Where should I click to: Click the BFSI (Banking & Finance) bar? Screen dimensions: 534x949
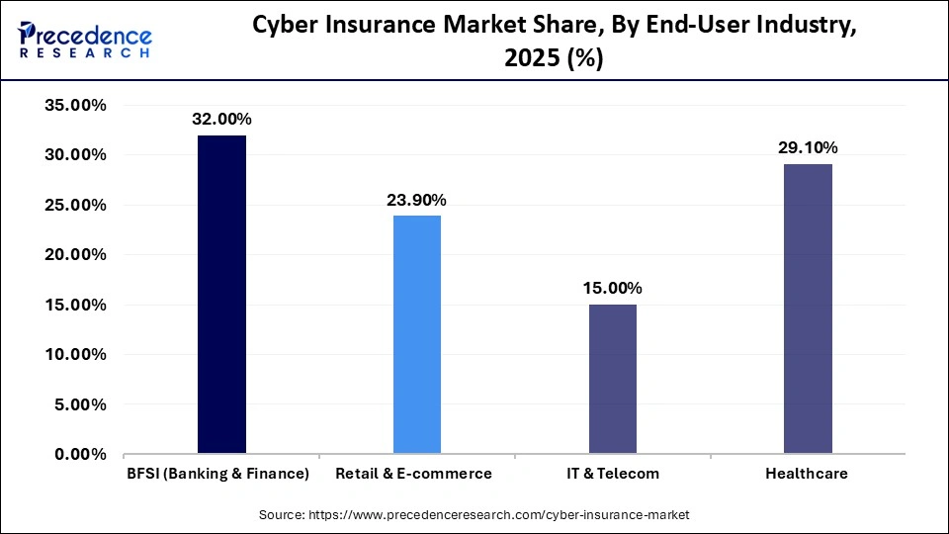[221, 295]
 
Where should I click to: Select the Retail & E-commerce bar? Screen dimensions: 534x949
[417, 334]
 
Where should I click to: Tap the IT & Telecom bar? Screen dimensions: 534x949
[612, 379]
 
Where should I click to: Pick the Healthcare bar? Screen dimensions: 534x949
[808, 309]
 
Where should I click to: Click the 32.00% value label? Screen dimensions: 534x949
[221, 119]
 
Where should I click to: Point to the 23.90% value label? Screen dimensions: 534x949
[417, 200]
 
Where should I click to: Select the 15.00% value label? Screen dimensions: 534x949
[612, 288]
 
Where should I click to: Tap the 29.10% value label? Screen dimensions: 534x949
[808, 147]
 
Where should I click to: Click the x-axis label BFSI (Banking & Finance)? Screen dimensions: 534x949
[217, 474]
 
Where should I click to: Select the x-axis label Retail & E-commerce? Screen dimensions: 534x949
[413, 474]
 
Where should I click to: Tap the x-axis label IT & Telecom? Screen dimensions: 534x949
[613, 474]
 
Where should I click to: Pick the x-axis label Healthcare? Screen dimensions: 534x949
[807, 474]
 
